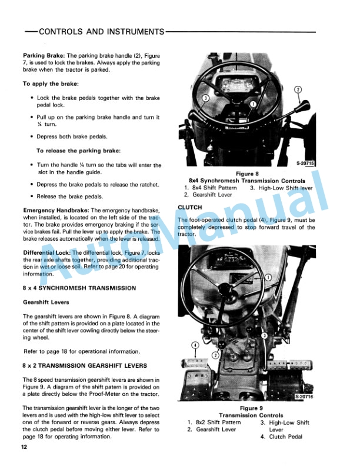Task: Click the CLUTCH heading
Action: click(190, 207)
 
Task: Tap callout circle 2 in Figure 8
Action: click(298, 89)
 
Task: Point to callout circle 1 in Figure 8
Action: click(252, 104)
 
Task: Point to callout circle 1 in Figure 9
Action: click(268, 277)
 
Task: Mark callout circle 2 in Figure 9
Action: click(216, 355)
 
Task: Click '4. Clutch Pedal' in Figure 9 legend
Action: click(286, 437)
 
